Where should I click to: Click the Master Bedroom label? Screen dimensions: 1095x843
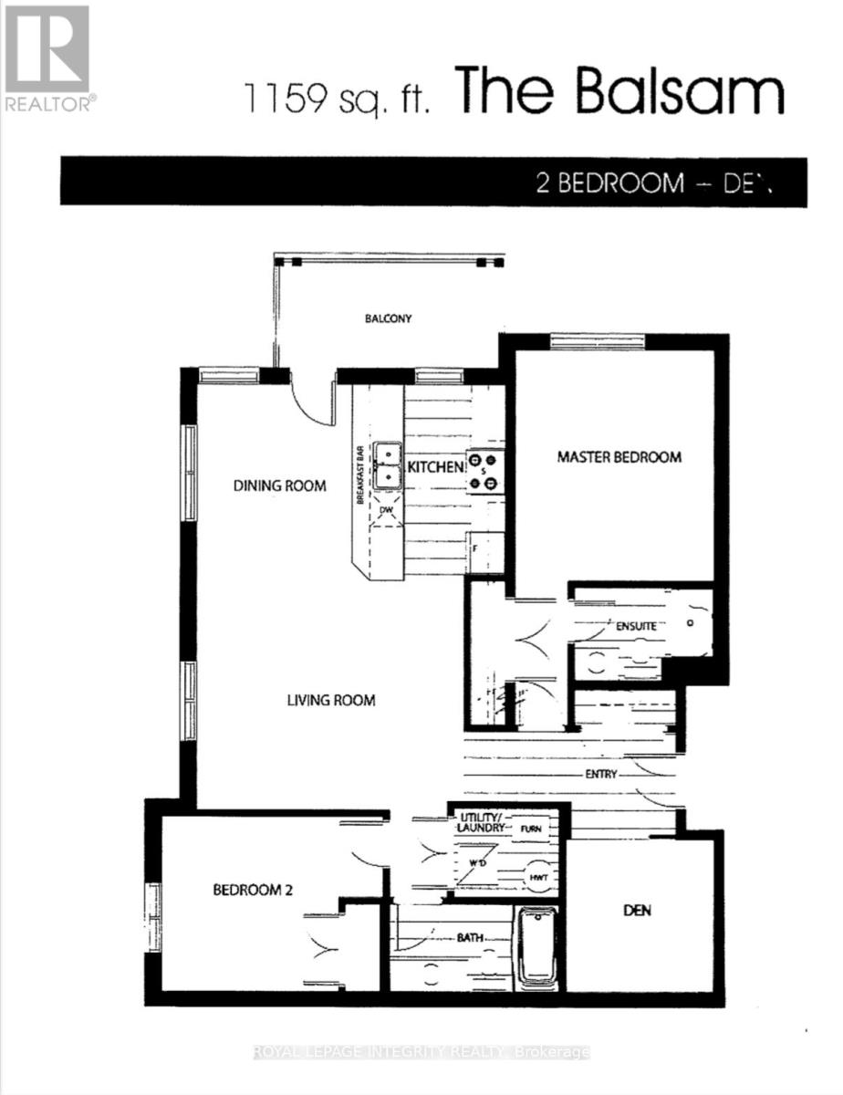(x=619, y=457)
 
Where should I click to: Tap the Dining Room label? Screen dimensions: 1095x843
(x=278, y=485)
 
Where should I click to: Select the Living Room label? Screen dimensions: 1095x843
(x=331, y=701)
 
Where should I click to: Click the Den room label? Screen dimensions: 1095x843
(x=637, y=911)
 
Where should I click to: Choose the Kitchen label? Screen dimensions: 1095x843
(x=435, y=467)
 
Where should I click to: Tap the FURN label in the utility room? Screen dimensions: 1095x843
(x=531, y=829)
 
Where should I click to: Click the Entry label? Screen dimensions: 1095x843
(x=603, y=775)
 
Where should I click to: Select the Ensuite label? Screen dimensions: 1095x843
(x=635, y=627)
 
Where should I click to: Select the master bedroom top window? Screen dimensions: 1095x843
(x=598, y=341)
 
